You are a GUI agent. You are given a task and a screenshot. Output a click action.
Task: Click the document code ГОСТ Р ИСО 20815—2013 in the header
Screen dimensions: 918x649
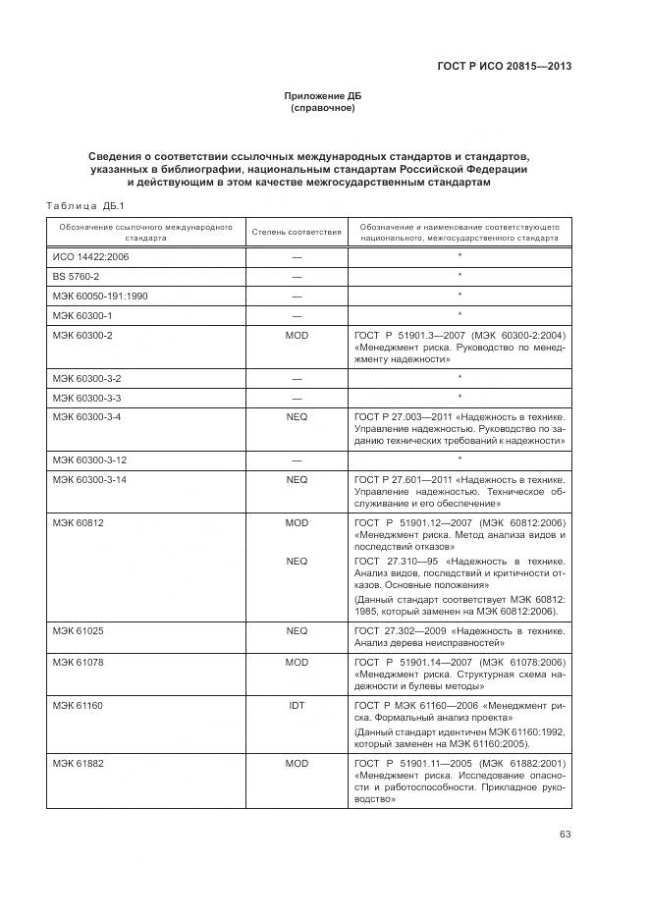click(504, 67)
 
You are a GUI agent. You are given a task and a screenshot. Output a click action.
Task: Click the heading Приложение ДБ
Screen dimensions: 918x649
click(322, 95)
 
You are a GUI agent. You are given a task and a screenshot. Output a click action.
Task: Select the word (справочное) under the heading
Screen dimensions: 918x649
click(322, 108)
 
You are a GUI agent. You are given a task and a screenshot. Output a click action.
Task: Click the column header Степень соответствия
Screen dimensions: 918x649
click(297, 233)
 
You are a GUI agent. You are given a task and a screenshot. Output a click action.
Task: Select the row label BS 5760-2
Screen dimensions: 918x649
click(76, 276)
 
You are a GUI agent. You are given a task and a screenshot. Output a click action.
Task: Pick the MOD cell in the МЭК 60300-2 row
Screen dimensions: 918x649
click(297, 335)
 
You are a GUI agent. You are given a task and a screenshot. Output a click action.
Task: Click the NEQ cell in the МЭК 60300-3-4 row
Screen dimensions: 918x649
click(297, 417)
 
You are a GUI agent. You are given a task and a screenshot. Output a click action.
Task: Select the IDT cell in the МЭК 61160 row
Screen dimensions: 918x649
click(297, 706)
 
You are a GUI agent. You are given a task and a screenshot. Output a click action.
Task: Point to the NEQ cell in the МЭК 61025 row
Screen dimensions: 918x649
click(297, 630)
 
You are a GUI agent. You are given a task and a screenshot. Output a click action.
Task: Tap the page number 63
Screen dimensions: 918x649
click(565, 835)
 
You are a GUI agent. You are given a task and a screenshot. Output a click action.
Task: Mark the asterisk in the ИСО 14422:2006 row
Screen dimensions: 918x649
click(459, 256)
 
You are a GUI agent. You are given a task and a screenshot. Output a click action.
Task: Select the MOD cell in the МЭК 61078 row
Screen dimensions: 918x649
click(297, 664)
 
